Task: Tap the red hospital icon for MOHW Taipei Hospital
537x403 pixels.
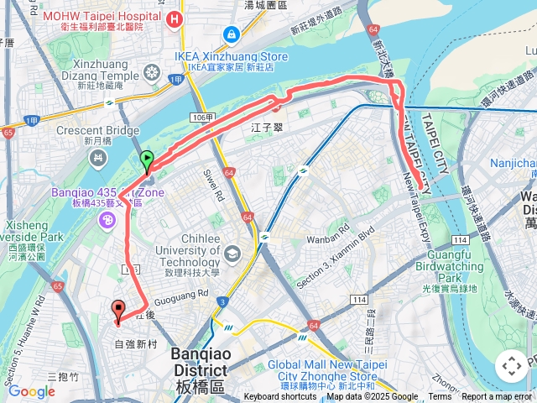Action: pyautogui.click(x=175, y=18)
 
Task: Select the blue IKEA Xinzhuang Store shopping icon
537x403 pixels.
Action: pyautogui.click(x=231, y=35)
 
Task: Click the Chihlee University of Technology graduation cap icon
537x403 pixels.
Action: pyautogui.click(x=232, y=253)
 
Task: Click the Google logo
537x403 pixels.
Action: pyautogui.click(x=31, y=391)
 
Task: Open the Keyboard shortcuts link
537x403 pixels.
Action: pyautogui.click(x=280, y=397)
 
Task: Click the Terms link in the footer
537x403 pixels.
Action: pyautogui.click(x=440, y=397)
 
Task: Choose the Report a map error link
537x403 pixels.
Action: pyautogui.click(x=498, y=397)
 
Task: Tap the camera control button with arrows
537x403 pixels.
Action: pyautogui.click(x=511, y=366)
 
